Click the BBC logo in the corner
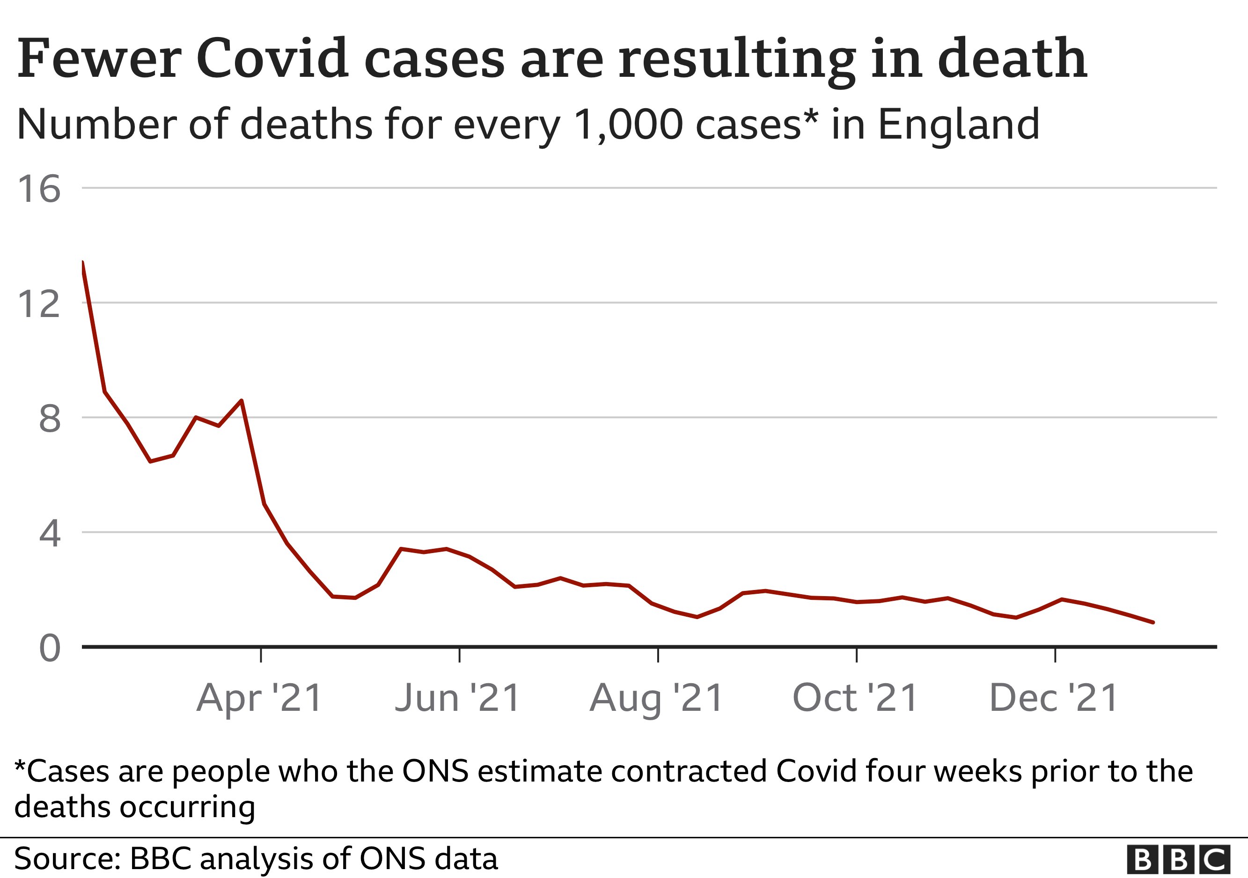tap(1178, 860)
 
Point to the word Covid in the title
tap(272, 58)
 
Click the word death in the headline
tap(1012, 58)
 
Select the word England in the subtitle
tap(959, 125)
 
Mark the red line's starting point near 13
tap(82, 263)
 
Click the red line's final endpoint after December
tap(1153, 622)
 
